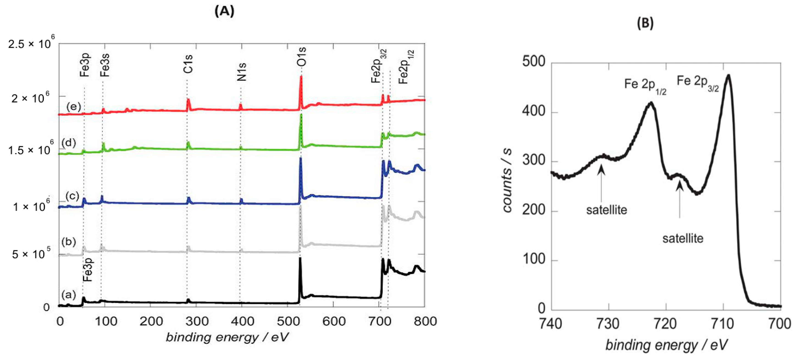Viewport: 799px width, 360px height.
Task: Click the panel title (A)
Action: pos(224,11)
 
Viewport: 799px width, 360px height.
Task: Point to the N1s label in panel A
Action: pos(242,72)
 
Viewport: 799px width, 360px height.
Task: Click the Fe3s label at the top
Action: pos(105,64)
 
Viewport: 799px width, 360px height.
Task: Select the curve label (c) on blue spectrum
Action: pos(72,196)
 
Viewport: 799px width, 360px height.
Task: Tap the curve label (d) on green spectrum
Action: pos(69,143)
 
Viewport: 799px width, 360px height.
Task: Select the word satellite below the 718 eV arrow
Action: pos(683,239)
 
